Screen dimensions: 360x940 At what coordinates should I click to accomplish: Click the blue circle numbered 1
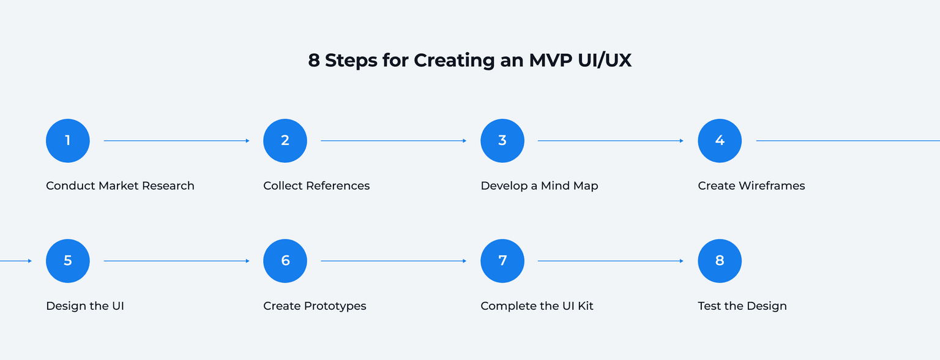[x=68, y=141]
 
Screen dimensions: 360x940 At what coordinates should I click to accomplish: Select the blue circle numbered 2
[x=285, y=141]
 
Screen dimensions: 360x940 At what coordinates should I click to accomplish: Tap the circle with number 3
[x=502, y=141]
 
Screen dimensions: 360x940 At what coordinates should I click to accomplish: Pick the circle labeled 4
[x=720, y=141]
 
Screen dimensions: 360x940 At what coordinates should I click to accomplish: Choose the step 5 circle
[x=68, y=261]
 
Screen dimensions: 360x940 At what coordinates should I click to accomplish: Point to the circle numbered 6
[x=285, y=261]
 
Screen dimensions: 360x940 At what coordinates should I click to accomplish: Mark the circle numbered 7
[x=502, y=261]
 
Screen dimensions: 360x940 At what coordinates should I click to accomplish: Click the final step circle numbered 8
[x=720, y=261]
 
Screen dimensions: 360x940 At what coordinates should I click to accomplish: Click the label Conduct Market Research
[x=120, y=186]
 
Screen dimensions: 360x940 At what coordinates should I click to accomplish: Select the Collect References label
[x=316, y=186]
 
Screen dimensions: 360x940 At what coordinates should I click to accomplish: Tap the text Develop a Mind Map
[x=539, y=186]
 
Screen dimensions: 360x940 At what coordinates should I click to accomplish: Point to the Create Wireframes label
[x=752, y=186]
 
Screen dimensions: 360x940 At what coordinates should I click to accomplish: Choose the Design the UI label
[x=85, y=306]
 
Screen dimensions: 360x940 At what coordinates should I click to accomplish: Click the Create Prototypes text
[x=315, y=306]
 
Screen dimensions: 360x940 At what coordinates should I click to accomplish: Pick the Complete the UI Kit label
[x=537, y=306]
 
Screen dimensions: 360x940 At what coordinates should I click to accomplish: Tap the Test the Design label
[x=742, y=306]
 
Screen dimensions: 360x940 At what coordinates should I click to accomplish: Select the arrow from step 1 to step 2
[x=176, y=141]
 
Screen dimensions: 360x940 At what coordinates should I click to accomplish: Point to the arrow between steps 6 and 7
[x=394, y=261]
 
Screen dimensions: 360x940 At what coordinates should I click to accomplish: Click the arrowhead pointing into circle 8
[x=681, y=261]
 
